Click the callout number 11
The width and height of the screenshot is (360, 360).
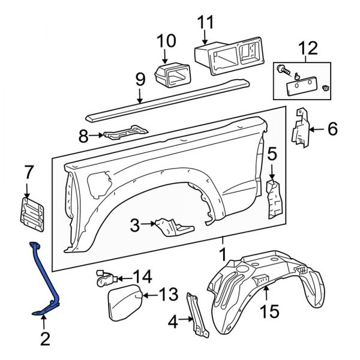click(205, 24)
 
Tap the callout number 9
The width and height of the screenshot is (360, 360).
click(140, 79)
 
